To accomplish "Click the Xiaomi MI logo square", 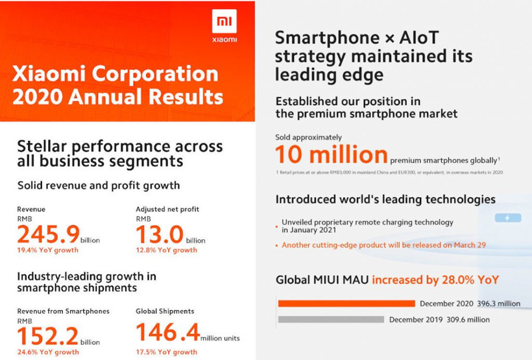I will point(224,22).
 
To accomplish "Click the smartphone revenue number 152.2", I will point(48,336).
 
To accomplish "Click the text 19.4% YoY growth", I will point(48,250).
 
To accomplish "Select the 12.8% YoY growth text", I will point(166,250).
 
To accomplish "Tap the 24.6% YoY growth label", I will point(48,352).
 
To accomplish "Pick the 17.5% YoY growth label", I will point(166,352).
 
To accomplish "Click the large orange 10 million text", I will point(332,155).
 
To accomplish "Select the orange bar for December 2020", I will point(346,304).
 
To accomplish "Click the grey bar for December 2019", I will point(331,319).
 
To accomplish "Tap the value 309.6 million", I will point(468,320).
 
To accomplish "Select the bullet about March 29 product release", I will point(383,245).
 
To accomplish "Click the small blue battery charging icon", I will point(507,218).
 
